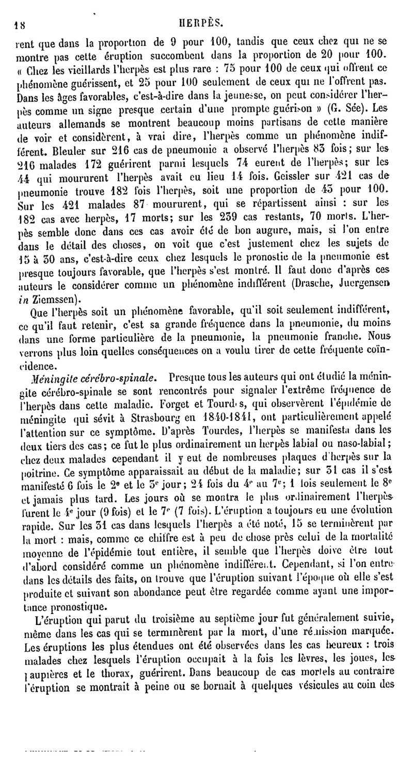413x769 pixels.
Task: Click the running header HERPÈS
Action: coord(207,22)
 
